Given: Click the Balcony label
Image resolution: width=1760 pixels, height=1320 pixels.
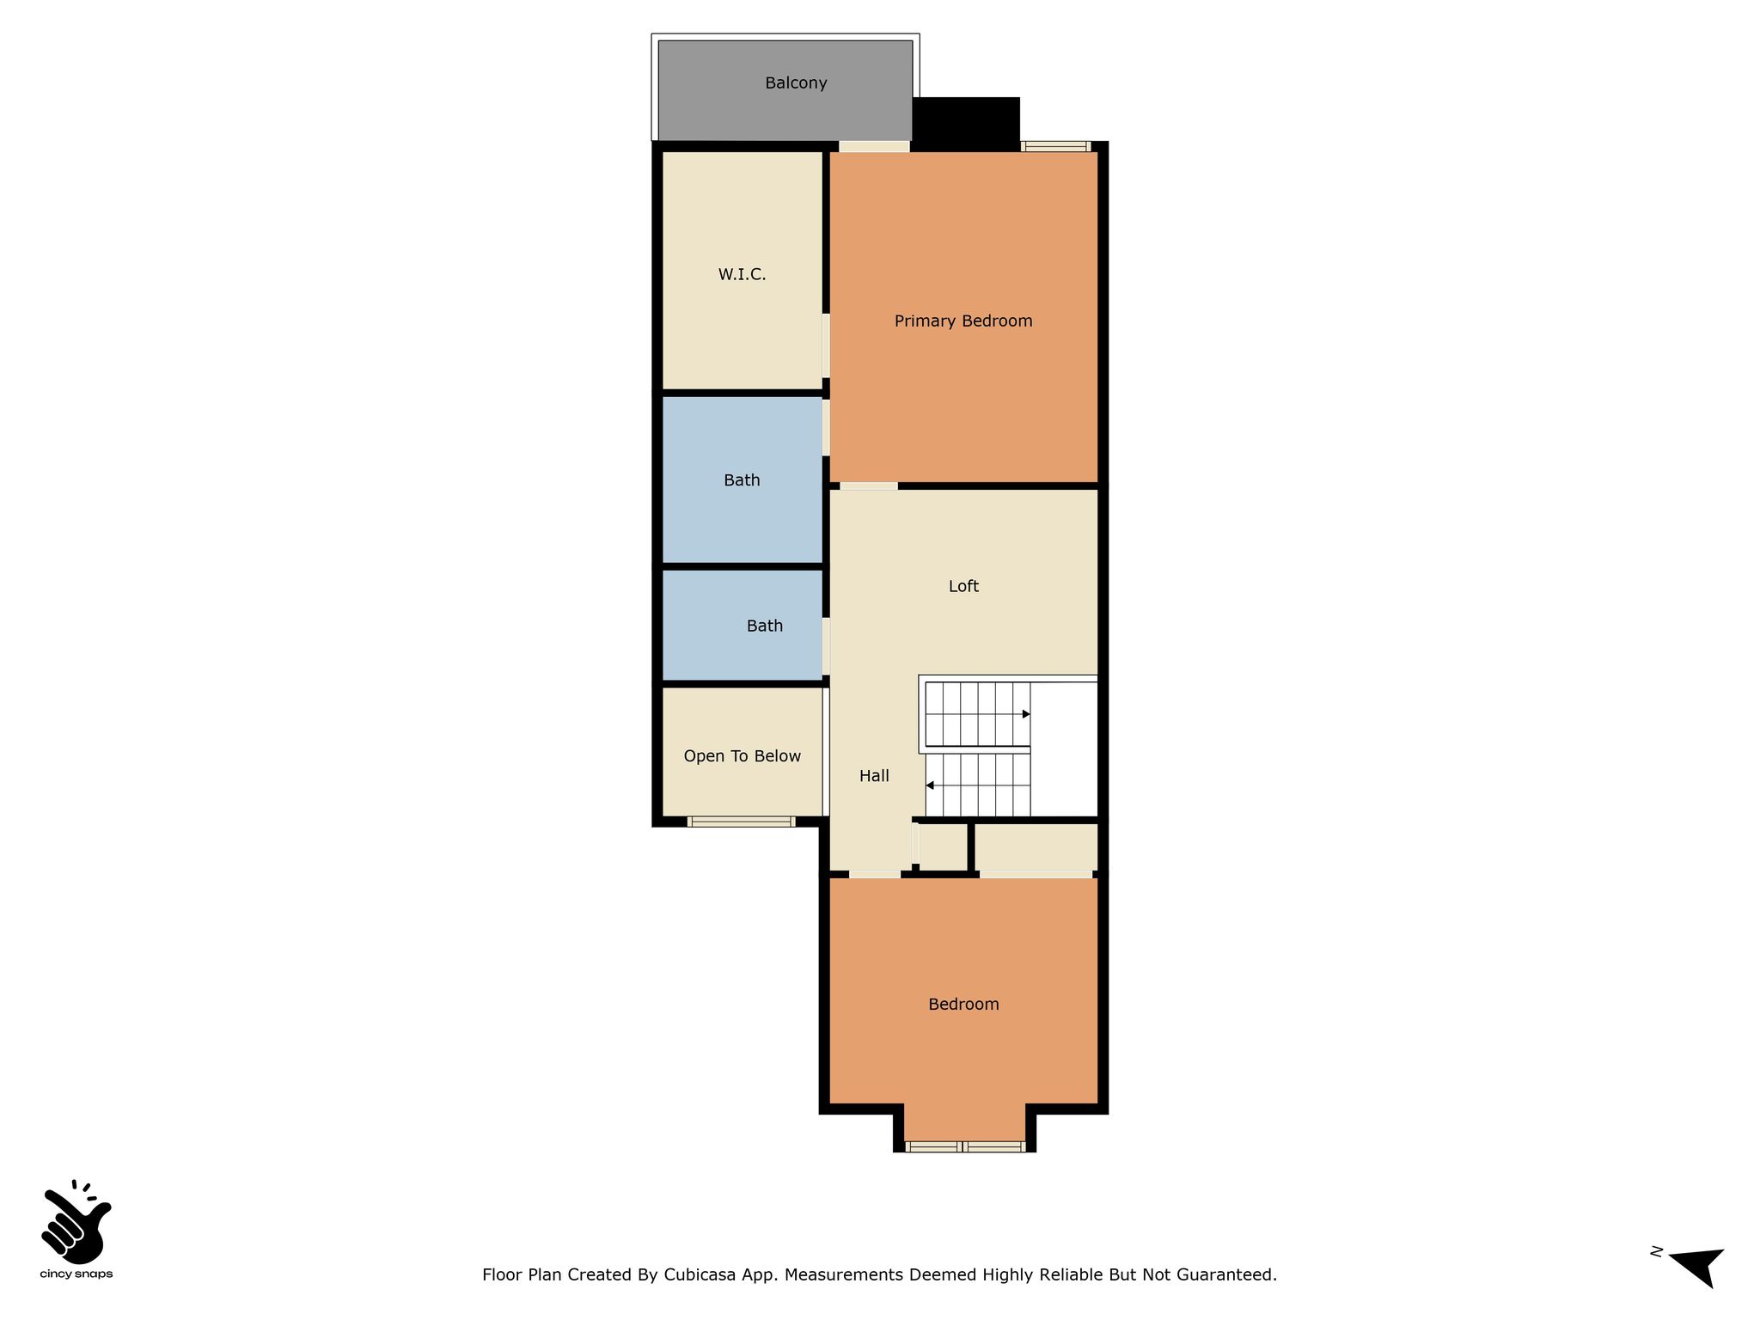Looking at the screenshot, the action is [796, 83].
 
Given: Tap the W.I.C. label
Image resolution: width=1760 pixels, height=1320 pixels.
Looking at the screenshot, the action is [742, 274].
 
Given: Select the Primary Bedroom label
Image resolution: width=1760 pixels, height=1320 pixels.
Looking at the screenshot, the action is [963, 321].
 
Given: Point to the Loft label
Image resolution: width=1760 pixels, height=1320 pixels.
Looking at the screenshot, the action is [963, 586].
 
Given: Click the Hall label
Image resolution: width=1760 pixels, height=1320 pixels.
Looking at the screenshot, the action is [874, 776].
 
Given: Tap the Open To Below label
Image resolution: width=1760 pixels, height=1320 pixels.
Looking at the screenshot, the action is [742, 756].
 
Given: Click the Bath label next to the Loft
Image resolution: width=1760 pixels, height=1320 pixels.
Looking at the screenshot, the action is [764, 626].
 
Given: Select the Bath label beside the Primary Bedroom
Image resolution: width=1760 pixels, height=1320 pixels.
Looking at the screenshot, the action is [742, 480].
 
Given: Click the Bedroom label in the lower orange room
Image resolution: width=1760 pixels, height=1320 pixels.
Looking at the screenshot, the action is [963, 1005].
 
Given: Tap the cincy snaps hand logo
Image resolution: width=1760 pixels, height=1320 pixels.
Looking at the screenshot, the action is [76, 1219].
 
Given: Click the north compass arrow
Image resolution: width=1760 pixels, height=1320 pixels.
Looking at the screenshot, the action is [1697, 1267].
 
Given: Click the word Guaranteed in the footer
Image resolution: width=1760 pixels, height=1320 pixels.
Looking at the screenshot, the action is [1230, 1274].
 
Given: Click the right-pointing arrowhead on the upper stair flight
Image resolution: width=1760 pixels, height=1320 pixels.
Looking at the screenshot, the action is [1026, 714].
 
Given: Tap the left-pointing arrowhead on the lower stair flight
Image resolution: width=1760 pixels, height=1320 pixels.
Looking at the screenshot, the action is [930, 785].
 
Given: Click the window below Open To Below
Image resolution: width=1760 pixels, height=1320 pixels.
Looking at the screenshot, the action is [741, 822].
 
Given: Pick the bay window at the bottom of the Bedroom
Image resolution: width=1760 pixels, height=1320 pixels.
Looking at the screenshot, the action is [965, 1146].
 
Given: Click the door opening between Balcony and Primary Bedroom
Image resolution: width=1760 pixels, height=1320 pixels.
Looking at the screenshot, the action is [874, 146].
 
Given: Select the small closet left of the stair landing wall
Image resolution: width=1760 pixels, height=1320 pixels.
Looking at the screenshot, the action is [942, 847].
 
